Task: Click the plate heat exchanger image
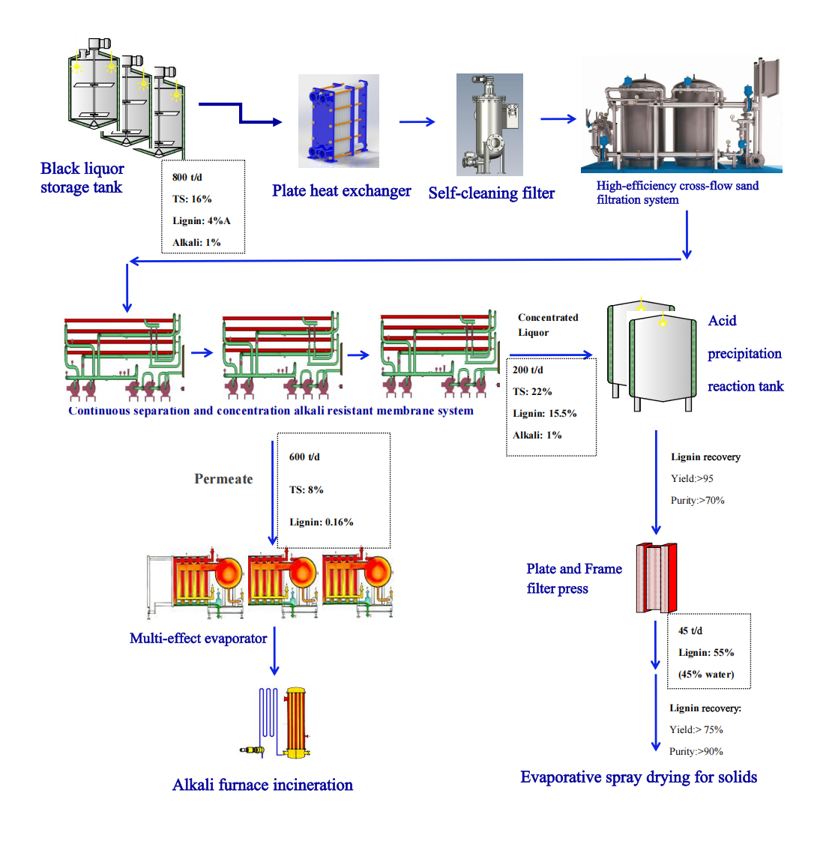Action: pos(338,121)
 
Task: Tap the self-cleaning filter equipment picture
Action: pos(489,124)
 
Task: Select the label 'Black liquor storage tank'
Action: pos(82,178)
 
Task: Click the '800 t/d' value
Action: pos(187,178)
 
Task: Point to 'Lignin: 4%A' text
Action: pos(201,221)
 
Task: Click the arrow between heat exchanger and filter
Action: pos(417,121)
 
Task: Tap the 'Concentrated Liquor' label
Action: pos(547,325)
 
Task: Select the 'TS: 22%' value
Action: pos(532,392)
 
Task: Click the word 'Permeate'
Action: pos(223,479)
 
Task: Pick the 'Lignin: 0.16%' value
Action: pos(321,522)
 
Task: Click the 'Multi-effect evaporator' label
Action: pos(198,639)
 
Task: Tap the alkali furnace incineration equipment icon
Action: pos(285,723)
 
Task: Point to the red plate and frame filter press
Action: pos(657,578)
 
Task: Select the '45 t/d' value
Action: pos(690,631)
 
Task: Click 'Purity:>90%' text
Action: pos(696,752)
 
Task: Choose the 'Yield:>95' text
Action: pos(692,479)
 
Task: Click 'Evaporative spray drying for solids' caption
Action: pos(639,777)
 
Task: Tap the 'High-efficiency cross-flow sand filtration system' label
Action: pos(677,193)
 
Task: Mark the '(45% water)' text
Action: pos(706,675)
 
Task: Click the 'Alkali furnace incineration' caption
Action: pos(262,785)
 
